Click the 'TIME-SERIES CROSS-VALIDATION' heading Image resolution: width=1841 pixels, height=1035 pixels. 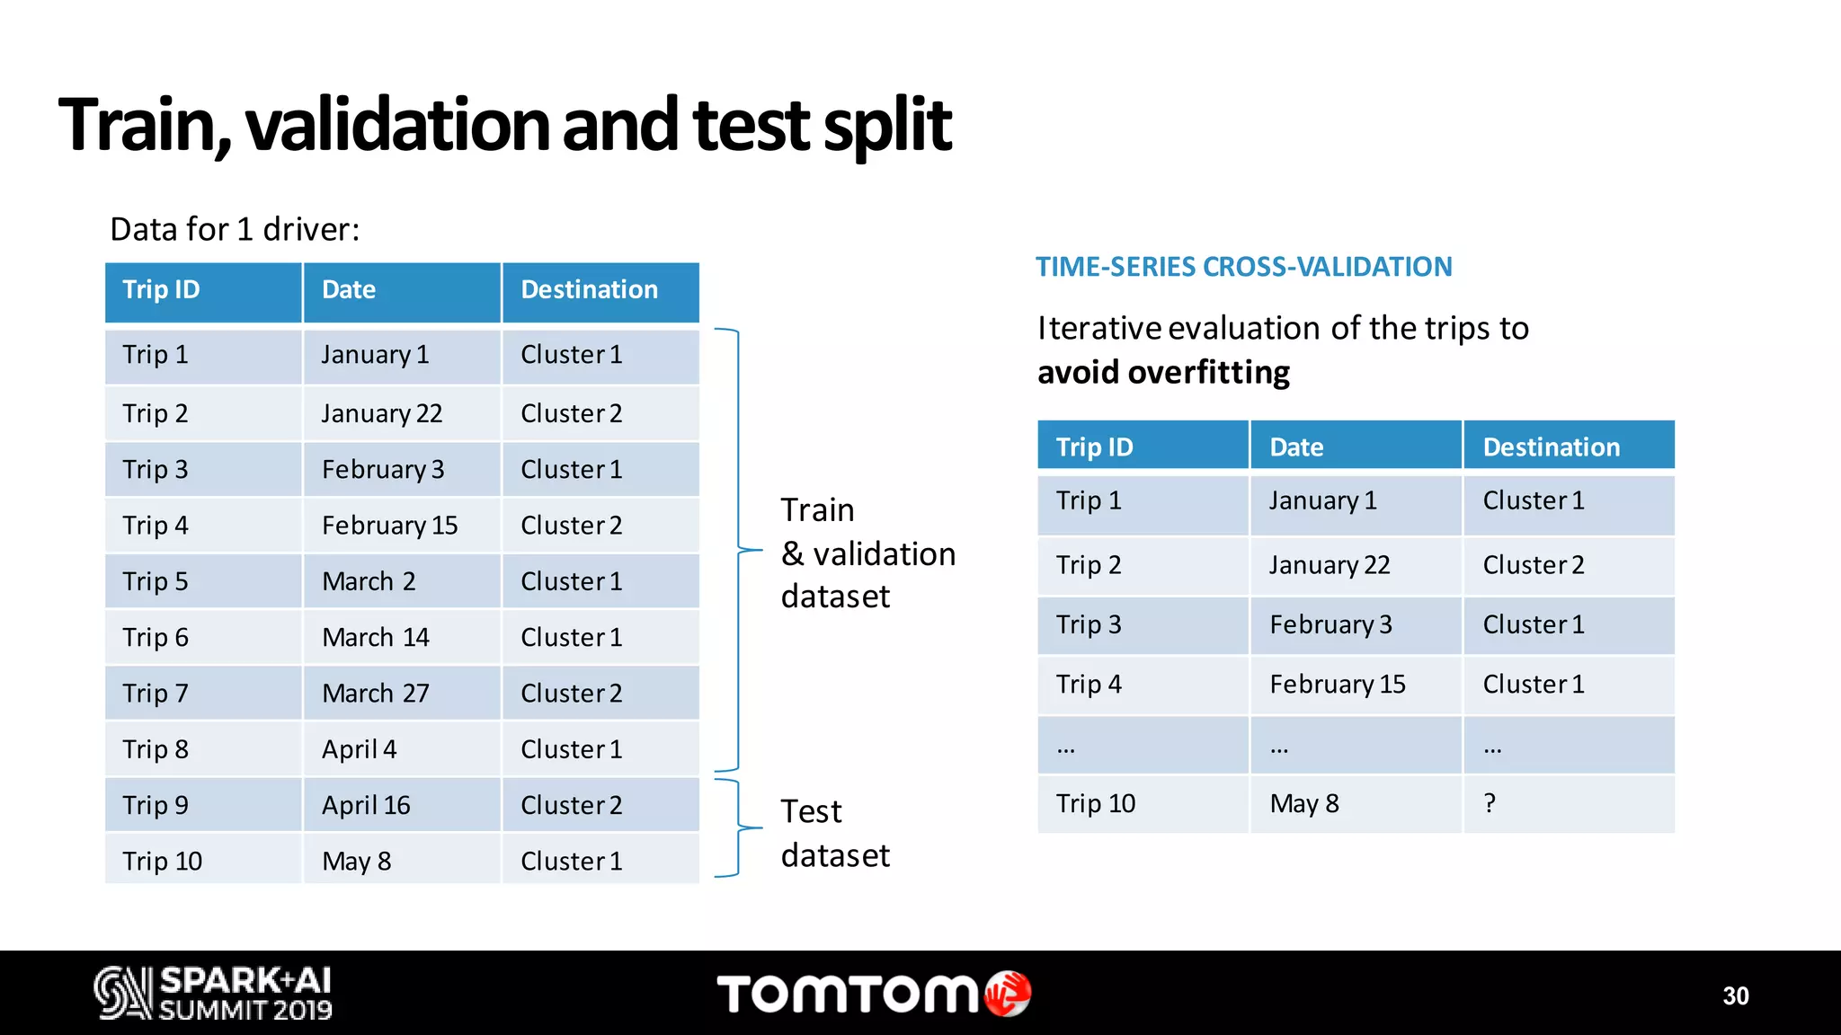[1243, 267]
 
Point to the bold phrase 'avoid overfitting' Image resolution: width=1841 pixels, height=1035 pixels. [1163, 373]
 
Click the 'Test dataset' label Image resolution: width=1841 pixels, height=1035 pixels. [834, 833]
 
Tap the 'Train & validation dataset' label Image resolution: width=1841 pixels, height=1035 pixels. [867, 553]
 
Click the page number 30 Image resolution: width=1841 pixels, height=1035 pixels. [1735, 995]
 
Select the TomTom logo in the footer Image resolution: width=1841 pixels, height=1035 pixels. [873, 994]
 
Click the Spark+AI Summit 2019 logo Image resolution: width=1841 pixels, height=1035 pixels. [213, 993]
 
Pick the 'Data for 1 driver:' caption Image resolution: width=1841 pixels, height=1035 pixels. [235, 230]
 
